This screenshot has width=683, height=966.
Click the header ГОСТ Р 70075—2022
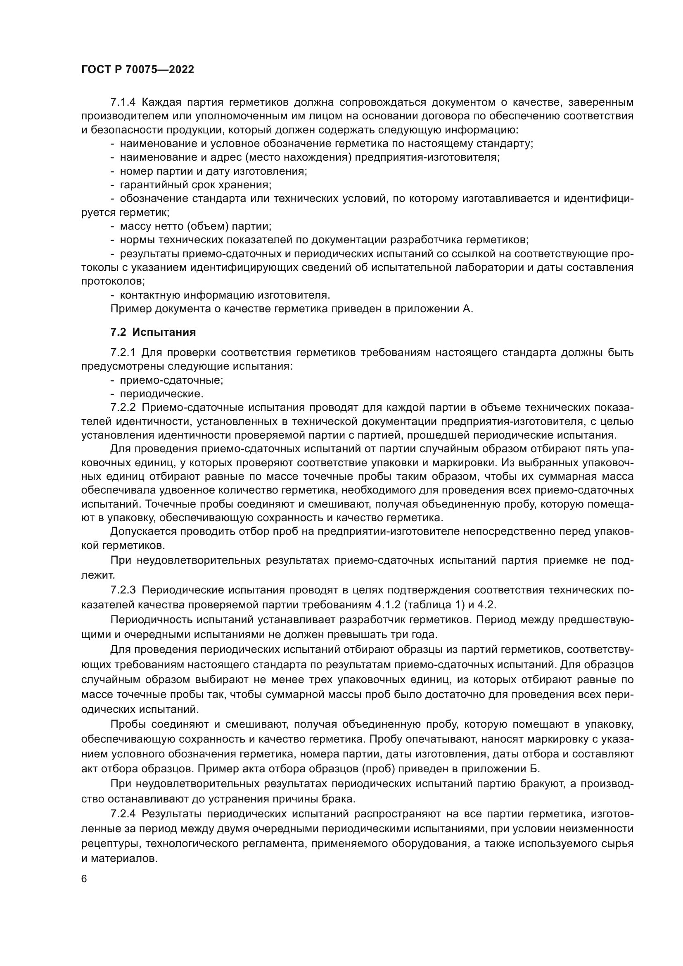point(138,70)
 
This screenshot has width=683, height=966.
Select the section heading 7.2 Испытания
point(153,332)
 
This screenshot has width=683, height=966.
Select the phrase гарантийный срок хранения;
point(196,185)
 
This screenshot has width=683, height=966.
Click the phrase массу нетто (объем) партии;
point(196,226)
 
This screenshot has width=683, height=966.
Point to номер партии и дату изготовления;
point(213,171)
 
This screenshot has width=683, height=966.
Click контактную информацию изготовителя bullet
point(225,295)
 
